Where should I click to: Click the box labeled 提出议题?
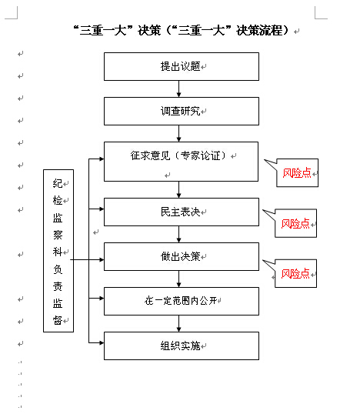point(182,66)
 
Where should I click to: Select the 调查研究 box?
point(182,111)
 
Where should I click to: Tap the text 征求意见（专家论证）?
point(178,155)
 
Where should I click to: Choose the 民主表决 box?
point(182,212)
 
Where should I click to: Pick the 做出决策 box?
point(182,257)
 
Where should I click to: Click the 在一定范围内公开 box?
point(182,301)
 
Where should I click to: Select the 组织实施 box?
point(182,346)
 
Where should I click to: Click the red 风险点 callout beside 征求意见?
point(297,173)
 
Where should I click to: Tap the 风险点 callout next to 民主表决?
point(295,223)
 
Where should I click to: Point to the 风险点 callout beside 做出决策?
point(295,273)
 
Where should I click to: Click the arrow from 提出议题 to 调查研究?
point(179,88)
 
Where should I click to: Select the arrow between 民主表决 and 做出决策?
point(179,234)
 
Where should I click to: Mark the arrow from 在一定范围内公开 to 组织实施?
point(179,323)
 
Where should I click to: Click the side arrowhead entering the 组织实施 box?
point(102,343)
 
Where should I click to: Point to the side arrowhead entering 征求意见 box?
point(102,159)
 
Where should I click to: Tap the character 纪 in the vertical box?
point(58,183)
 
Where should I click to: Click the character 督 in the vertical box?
point(58,320)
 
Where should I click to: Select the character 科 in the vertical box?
point(58,252)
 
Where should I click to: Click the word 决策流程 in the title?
point(259,30)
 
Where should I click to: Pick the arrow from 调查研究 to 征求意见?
point(179,133)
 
